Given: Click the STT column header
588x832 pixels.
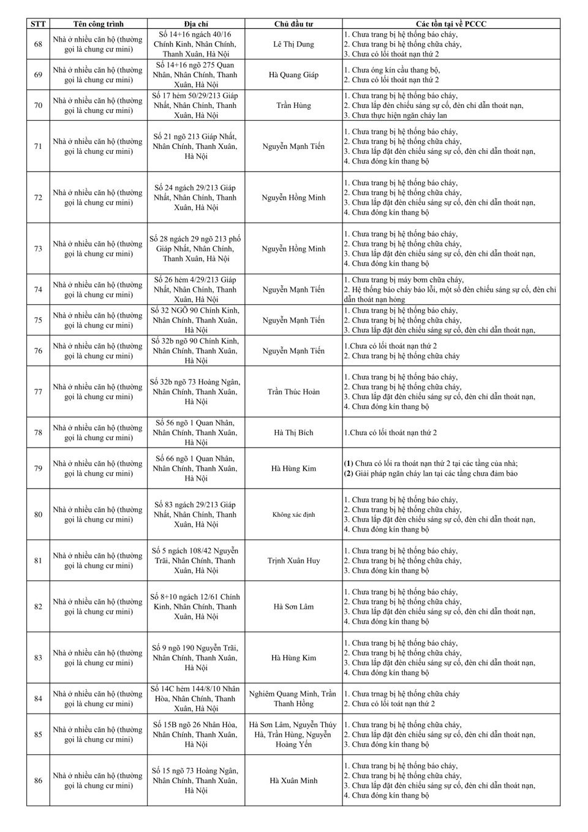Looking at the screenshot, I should coord(38,24).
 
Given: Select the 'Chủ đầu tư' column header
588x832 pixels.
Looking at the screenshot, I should coord(293,24).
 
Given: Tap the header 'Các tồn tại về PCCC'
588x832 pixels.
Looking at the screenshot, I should coord(451,24).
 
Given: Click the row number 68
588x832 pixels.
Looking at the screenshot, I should coord(38,44).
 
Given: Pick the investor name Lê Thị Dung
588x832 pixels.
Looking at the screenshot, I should coord(293,44).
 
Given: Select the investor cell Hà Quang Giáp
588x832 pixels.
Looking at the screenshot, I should coord(293,75).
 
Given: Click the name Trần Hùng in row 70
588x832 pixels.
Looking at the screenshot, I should coord(293,105).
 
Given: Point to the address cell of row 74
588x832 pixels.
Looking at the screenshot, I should coord(195,289).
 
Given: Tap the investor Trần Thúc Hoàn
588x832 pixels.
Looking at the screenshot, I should coord(293,392).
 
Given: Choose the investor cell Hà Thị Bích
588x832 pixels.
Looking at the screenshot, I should coord(293,433).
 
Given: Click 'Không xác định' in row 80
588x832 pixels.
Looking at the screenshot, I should coord(293,514).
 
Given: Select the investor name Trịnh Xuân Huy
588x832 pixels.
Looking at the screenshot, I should coord(293,560).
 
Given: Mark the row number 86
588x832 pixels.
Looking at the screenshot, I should coord(38,780).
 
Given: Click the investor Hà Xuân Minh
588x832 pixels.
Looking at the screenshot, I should coord(293,780).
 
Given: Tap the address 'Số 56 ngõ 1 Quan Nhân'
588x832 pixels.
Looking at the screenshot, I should coord(195,423).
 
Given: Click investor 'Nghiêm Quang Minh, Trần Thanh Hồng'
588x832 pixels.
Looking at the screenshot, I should coord(293,699).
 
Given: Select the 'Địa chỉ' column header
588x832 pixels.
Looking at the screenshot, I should coord(195,24).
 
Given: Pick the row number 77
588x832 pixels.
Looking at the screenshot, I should coord(38,392).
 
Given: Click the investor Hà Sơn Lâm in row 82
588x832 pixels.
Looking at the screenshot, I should coord(293,606).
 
